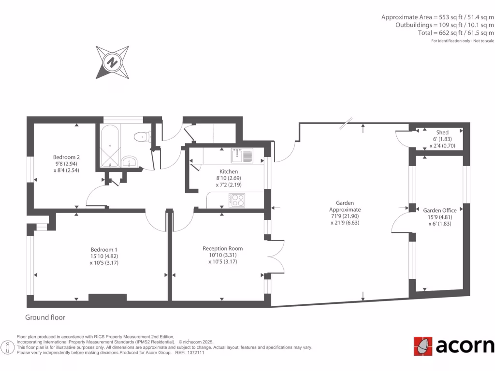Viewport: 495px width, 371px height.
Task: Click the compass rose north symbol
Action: click(x=112, y=62)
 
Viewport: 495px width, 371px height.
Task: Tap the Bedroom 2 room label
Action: click(x=66, y=157)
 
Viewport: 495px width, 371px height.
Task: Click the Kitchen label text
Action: click(x=228, y=171)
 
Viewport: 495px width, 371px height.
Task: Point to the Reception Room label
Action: click(x=222, y=248)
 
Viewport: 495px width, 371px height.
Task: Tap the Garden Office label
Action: click(x=439, y=210)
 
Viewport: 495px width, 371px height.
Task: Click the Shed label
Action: click(x=442, y=132)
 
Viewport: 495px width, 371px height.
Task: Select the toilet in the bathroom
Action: click(x=143, y=137)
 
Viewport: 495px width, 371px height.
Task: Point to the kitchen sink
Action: click(x=242, y=156)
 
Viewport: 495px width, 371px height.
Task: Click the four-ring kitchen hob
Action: click(x=237, y=200)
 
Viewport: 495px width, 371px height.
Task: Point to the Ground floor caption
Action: click(x=45, y=317)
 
